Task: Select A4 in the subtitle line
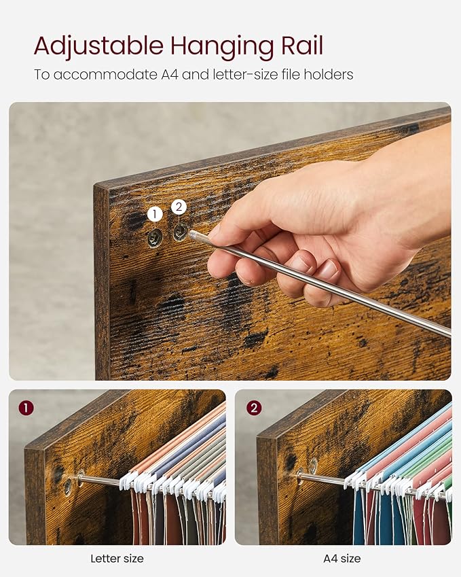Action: tap(170, 75)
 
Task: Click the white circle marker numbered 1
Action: tap(155, 214)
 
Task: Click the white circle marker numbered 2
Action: tap(179, 207)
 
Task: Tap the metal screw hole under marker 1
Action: tap(154, 238)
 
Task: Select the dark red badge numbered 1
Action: tap(26, 408)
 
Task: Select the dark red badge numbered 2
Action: tap(254, 408)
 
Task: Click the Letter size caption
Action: tap(117, 559)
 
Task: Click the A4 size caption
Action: tap(342, 559)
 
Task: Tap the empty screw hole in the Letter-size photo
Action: tap(68, 487)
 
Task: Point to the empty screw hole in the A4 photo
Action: tap(313, 466)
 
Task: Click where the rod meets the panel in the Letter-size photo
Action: tap(81, 477)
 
